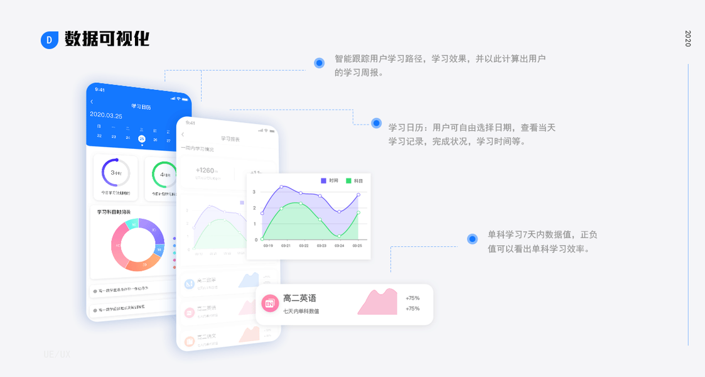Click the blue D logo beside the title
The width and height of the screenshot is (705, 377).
(50, 40)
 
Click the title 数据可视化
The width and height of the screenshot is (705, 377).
(107, 39)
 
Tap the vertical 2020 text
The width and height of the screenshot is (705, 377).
(687, 38)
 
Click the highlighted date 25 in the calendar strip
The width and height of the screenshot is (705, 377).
(142, 138)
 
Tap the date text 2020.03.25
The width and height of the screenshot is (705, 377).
(106, 115)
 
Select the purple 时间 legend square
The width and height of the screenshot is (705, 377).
(324, 180)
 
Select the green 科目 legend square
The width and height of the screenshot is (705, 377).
(348, 180)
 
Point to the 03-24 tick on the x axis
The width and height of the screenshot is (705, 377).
(339, 246)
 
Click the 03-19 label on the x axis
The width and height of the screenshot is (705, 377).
(268, 246)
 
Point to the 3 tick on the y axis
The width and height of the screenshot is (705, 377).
(254, 192)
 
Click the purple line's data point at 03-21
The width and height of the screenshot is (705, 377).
(281, 187)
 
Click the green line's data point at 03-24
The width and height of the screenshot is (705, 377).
(339, 236)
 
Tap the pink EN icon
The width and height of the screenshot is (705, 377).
(270, 303)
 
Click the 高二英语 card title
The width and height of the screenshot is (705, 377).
(299, 298)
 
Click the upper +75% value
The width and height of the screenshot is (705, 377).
(412, 298)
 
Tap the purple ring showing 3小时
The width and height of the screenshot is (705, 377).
(116, 172)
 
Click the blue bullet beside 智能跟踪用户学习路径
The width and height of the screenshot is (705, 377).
(319, 63)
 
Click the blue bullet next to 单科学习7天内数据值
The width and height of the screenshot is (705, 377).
(472, 239)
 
